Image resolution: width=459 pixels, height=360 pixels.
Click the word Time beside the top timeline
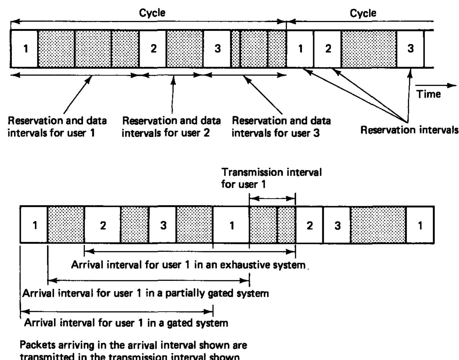coord(429,94)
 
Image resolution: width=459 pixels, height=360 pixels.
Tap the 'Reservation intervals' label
coord(409,130)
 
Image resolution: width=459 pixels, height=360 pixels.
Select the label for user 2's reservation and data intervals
coord(171,126)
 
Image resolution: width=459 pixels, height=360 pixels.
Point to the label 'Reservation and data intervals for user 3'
coord(281,126)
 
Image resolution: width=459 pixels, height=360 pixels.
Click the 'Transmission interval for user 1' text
coord(271,178)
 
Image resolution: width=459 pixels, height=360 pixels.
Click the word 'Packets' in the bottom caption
coord(38,345)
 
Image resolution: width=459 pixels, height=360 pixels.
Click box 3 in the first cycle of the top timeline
coord(217,49)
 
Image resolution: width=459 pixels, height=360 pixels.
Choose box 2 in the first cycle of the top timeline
coord(153,49)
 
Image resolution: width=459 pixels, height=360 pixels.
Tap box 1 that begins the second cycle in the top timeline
coord(300,49)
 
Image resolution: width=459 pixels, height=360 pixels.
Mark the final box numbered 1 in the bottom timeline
coord(420,225)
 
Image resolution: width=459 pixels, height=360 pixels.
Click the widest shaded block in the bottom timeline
coord(378,225)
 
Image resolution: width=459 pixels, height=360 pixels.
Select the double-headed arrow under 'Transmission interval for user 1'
coord(272,199)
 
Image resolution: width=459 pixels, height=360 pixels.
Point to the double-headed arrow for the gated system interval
coord(117,311)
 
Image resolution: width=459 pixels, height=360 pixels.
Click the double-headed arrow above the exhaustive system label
coord(190,251)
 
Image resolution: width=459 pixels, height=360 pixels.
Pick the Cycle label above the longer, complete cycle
coord(152,13)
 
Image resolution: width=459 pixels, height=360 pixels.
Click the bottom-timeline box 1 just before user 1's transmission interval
coord(231,225)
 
